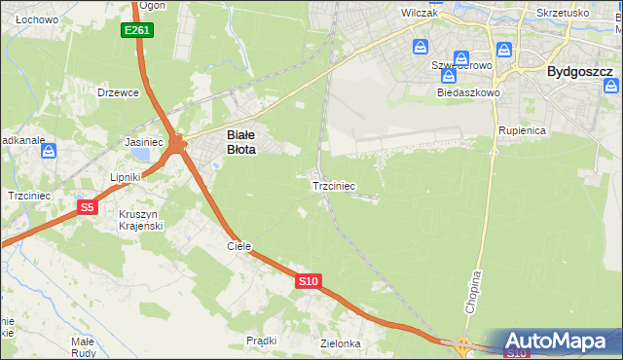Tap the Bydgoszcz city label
tap(579, 71)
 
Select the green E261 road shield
tap(137, 31)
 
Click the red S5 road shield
tap(88, 207)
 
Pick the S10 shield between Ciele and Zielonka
tap(308, 281)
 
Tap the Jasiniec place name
tap(144, 141)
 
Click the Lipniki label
tap(127, 177)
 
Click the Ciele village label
tap(239, 246)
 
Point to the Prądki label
tap(262, 341)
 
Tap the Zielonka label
tap(340, 343)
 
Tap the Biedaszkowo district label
tap(469, 92)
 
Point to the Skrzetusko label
tap(562, 14)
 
